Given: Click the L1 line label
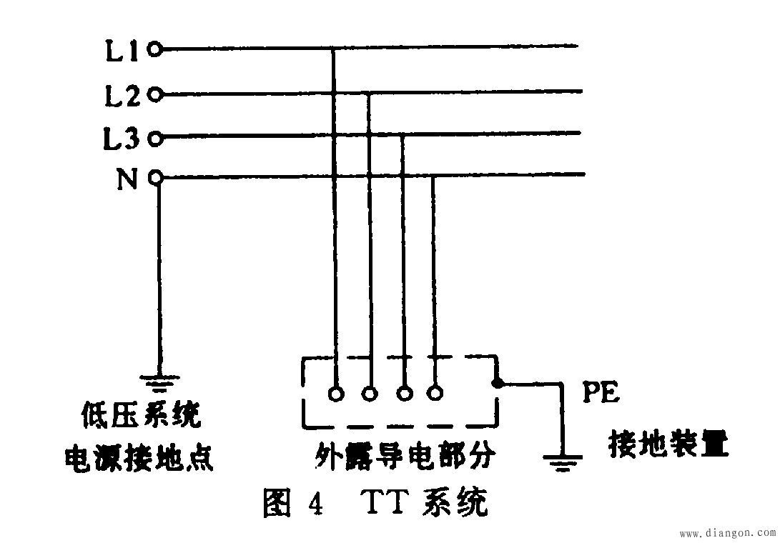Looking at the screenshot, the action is (122, 50).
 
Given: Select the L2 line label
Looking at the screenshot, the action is (122, 96).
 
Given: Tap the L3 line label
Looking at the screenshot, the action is (122, 138).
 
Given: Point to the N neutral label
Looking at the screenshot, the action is (127, 179).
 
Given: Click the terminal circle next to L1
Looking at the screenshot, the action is (155, 49).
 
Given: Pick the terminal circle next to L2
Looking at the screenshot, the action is (155, 94).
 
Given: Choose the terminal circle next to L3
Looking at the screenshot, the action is (155, 138).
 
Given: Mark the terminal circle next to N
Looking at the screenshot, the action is (156, 176).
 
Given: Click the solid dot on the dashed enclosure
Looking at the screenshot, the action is (496, 383).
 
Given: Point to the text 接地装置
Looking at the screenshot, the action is (668, 444).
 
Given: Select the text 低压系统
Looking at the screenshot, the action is (142, 414).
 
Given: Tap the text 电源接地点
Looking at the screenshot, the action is (139, 457).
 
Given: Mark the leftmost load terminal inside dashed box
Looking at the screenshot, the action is (337, 394).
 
